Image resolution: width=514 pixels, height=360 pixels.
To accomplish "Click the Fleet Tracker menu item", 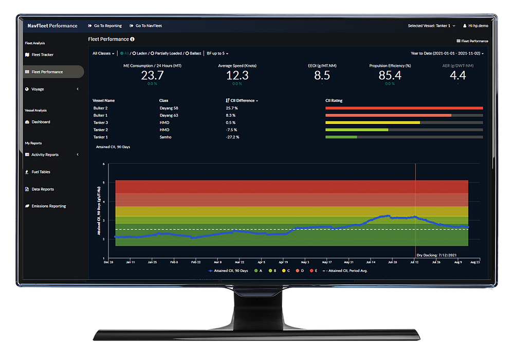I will (42, 55).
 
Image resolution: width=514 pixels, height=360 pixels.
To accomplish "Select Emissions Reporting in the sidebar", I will (48, 206).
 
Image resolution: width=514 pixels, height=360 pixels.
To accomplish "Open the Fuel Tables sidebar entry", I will (41, 172).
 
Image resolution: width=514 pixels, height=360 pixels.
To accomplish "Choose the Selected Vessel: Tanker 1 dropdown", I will (431, 25).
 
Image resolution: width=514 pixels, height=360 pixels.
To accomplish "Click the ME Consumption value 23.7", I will (152, 76).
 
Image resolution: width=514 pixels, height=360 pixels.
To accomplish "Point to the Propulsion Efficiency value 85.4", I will (390, 76).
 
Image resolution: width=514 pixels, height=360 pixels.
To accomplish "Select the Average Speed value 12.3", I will (237, 76).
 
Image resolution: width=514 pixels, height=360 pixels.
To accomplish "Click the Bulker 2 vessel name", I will (101, 108).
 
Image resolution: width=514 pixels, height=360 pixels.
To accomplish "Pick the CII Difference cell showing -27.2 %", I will (232, 137).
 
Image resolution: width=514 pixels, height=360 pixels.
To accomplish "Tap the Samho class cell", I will (166, 137).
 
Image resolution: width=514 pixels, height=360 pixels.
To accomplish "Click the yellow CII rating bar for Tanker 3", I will (373, 123).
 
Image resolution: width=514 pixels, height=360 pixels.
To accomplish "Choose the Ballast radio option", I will (193, 53).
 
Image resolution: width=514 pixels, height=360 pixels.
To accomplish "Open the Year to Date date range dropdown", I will (447, 53).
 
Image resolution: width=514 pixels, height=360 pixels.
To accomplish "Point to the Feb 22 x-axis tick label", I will (195, 262).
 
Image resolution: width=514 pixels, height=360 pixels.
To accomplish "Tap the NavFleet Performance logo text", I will (53, 25).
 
